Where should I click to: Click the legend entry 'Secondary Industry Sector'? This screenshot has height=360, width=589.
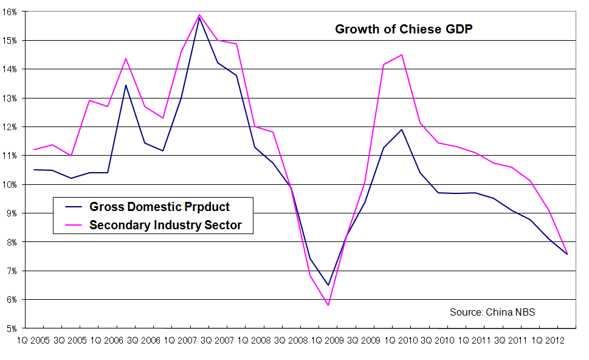tap(165, 225)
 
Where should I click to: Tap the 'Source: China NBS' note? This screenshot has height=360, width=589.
tap(492, 312)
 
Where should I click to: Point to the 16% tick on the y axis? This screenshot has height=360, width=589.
tap(12, 12)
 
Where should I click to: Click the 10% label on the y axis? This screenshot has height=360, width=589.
tap(12, 184)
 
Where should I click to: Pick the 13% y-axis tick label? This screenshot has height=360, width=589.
tap(12, 98)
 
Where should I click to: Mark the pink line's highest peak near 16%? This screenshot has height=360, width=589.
tap(199, 15)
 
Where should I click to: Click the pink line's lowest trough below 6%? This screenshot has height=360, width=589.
tap(328, 305)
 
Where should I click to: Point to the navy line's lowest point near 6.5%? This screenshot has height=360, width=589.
tap(328, 285)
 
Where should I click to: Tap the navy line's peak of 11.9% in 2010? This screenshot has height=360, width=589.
tap(402, 130)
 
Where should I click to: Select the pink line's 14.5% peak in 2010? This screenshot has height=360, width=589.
tap(402, 55)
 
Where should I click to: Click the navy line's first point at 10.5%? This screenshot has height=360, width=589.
tap(35, 170)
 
